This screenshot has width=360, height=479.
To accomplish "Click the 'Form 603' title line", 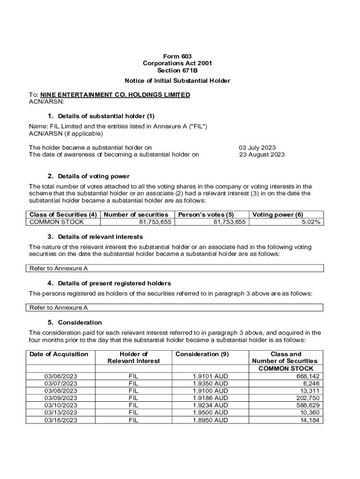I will [180, 56].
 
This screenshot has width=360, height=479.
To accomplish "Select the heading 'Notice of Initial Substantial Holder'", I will [178, 81].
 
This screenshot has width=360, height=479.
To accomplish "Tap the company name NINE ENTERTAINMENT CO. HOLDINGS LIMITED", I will [115, 95].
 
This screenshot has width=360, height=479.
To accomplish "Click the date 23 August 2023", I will [261, 155].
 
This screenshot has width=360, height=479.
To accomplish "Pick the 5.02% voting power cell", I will [311, 222].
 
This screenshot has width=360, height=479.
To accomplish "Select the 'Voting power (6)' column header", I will [278, 215].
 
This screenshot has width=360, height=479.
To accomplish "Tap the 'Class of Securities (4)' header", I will [63, 215].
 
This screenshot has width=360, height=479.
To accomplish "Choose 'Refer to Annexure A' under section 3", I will [58, 269].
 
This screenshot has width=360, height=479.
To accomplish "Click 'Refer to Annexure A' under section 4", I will [58, 308].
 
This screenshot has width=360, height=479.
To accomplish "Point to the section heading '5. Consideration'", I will [75, 322].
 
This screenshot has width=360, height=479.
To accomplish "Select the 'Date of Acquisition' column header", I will [59, 354].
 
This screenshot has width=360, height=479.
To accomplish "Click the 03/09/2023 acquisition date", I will [61, 398].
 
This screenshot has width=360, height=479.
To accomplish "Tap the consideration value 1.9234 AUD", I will [210, 405].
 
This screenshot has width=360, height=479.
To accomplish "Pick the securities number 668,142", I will [308, 376].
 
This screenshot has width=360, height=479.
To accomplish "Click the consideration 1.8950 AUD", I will [210, 420].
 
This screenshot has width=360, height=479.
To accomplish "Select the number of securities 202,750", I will [308, 398].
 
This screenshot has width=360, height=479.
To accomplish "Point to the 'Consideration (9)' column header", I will [202, 354].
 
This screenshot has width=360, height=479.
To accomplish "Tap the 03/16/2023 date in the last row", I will [61, 420].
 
